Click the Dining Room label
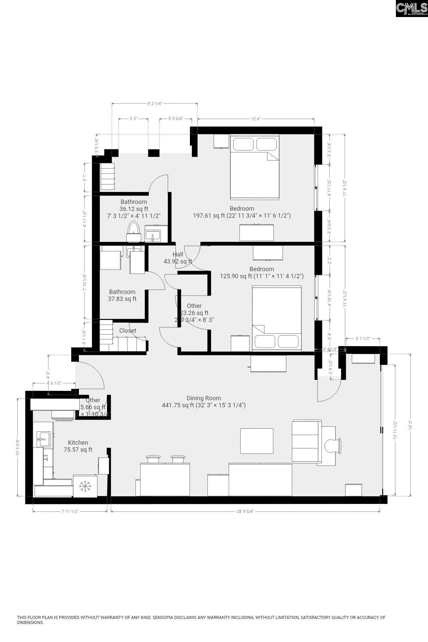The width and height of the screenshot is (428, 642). tap(204, 398)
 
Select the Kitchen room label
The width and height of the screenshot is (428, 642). tap(78, 442)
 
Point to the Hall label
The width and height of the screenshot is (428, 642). tap(178, 254)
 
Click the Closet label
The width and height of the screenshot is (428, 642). tap(128, 330)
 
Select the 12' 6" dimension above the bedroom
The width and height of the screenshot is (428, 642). tap(256, 119)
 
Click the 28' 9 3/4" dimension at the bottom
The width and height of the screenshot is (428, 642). tap(245, 511)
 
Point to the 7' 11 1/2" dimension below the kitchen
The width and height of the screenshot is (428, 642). tap(70, 511)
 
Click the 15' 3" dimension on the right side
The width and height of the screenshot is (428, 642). tap(411, 425)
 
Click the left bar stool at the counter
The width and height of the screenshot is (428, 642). tap(153, 459)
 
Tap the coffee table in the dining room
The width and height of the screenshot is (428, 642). tap(257, 441)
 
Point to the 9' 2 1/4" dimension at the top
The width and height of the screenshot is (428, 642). tap(154, 103)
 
